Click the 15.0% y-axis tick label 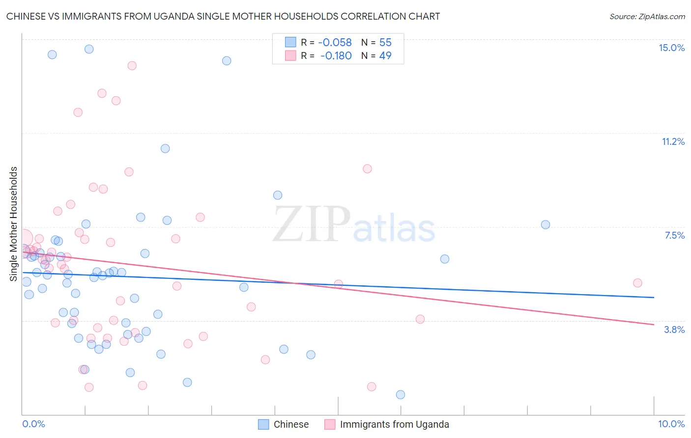tap(671, 48)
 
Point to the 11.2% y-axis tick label tap(673, 141)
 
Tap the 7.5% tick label tap(674, 235)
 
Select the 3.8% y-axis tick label tap(674, 329)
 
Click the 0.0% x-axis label tap(33, 424)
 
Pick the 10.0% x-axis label tap(671, 424)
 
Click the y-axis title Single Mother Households tap(14, 224)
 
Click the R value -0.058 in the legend tap(335, 42)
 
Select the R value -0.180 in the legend tap(336, 55)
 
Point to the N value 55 tap(385, 42)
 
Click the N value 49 tap(385, 55)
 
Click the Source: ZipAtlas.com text tap(647, 16)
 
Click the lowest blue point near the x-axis tap(401, 394)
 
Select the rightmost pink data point tap(637, 283)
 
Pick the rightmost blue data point tap(546, 224)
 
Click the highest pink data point tap(132, 65)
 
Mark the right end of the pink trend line tap(654, 325)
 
